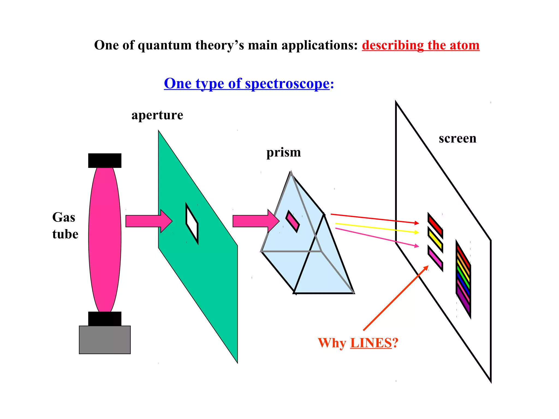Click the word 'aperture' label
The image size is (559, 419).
click(157, 115)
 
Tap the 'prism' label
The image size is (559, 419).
click(284, 152)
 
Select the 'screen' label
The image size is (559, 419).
click(457, 139)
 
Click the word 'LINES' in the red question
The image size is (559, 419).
click(371, 343)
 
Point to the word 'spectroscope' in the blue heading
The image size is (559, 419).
click(287, 83)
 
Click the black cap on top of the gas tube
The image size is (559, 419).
click(105, 160)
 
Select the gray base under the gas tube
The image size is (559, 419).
click(105, 340)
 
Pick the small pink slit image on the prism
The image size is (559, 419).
click(292, 221)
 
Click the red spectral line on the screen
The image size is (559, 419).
click(435, 226)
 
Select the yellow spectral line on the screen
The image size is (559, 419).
click(435, 240)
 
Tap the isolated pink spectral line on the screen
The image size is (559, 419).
click(435, 258)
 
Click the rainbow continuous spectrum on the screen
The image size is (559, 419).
click(463, 279)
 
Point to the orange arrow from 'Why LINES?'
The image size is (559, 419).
click(396, 298)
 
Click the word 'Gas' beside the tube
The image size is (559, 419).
click(64, 218)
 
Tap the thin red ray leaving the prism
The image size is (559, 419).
click(374, 219)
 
